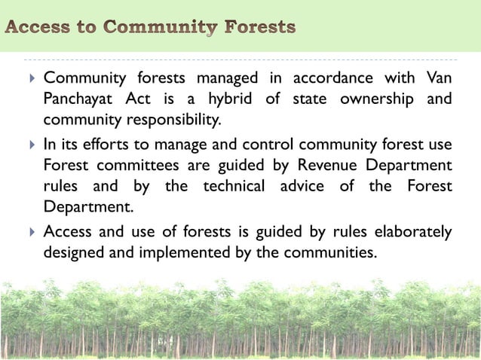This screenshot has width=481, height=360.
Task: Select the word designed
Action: point(72,252)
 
